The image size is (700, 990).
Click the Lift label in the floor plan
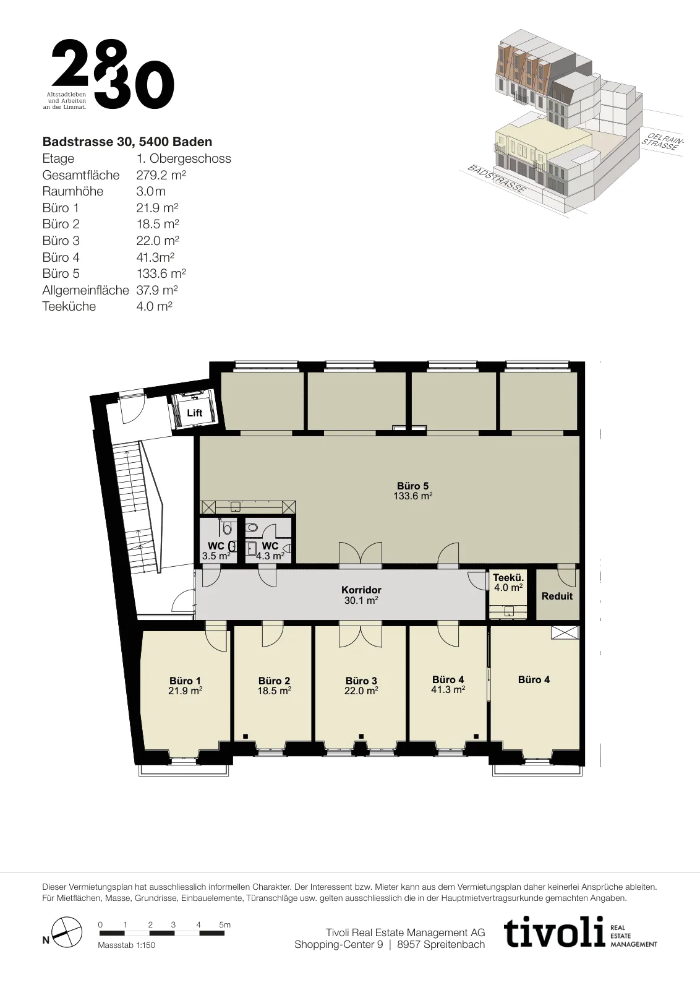194,413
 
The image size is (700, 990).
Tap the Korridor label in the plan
361,590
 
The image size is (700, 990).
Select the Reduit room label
557,596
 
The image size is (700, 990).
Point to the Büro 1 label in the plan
185,681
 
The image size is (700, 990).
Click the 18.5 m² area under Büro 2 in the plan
275,691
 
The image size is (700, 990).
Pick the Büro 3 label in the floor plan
361,681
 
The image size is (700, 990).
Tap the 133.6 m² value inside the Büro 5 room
412,496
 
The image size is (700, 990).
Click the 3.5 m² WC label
216,556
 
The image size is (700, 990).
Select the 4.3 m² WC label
270,556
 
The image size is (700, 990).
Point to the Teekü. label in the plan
508,577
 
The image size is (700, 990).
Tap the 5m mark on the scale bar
225,924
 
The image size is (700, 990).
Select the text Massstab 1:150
126,945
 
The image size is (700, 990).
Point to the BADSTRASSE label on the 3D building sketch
497,179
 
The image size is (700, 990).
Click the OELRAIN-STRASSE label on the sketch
663,141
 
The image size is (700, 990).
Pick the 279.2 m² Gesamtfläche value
161,175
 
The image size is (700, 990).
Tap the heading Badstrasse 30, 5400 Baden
127,142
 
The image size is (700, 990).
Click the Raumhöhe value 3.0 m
151,191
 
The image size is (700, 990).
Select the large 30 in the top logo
134,85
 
